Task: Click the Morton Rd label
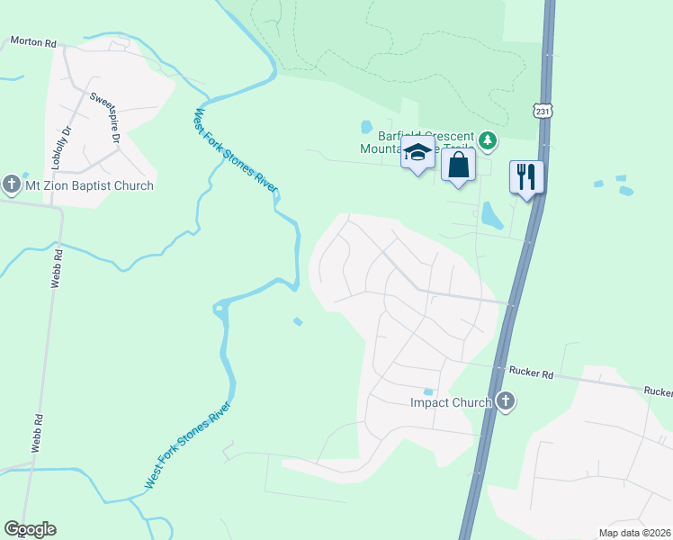32,41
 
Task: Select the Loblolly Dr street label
63,142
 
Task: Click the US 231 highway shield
542,110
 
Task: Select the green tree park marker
488,140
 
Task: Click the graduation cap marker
417,154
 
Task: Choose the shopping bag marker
458,166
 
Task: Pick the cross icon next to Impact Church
506,401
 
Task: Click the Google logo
30,529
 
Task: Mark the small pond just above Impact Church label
428,391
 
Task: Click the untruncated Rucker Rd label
529,369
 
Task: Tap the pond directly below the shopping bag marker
490,214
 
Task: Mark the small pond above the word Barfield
366,127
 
